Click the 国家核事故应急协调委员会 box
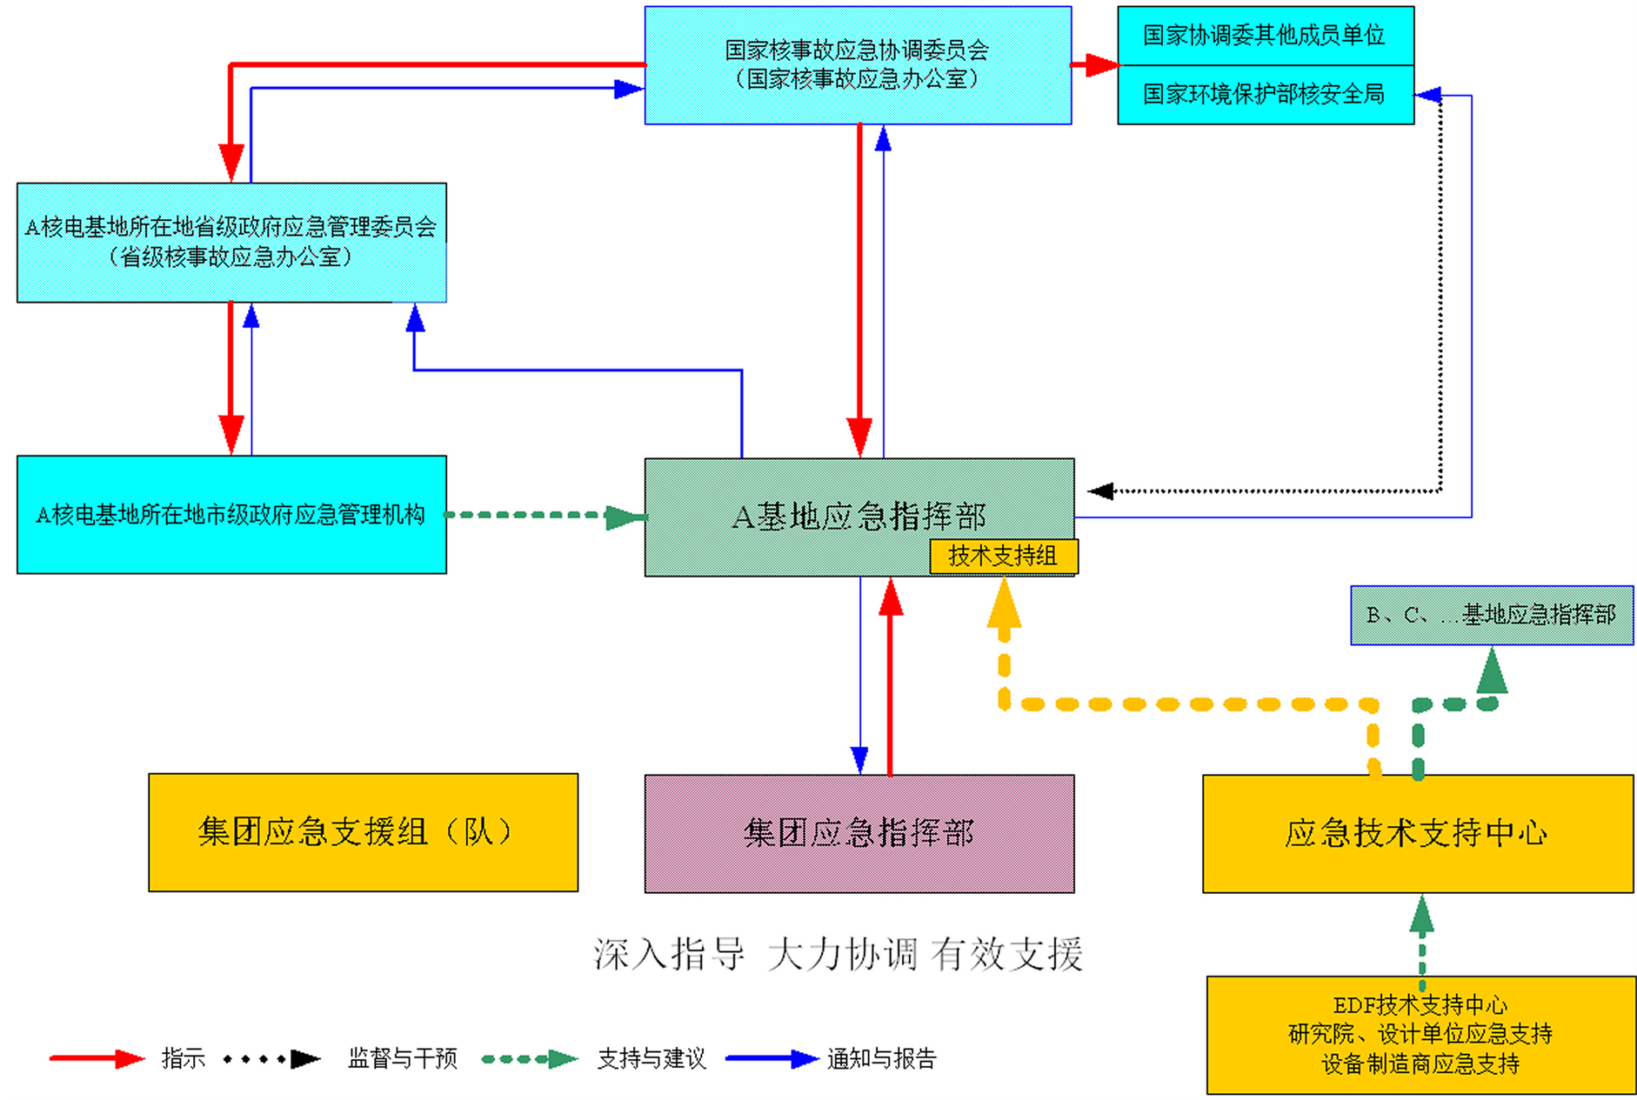[858, 65]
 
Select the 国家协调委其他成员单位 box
[1264, 36]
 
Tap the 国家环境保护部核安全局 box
[1264, 94]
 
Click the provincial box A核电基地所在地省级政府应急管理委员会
[231, 242]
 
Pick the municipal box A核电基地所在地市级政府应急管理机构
[231, 515]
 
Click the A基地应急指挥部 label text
[859, 517]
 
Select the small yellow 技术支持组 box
[1003, 557]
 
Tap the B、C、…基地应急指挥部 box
[1491, 615]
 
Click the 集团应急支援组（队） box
[363, 832]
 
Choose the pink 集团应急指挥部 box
[859, 833]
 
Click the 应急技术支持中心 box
[1417, 833]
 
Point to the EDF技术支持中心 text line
[1420, 1005]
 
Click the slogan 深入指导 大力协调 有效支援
[838, 954]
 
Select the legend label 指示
[184, 1058]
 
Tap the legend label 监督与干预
[402, 1058]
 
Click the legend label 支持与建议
[651, 1058]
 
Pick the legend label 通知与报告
[881, 1058]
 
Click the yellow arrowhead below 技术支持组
[1004, 604]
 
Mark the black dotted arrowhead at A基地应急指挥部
[1101, 491]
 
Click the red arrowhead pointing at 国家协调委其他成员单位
[1100, 64]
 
